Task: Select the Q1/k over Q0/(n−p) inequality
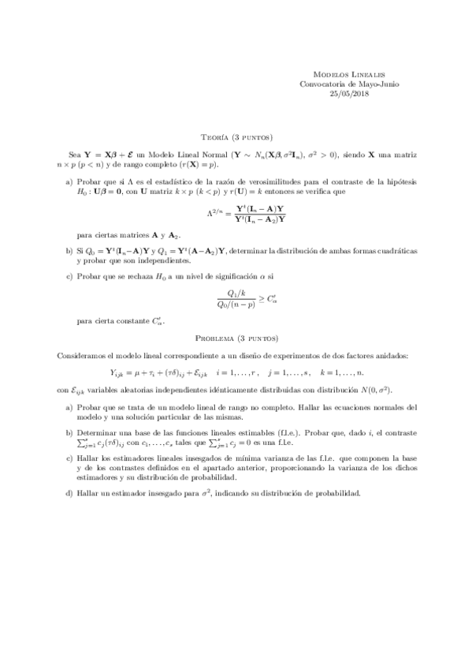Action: tap(236, 299)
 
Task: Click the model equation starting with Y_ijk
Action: tap(236, 373)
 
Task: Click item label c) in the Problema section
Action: tap(70, 458)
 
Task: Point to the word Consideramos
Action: tap(80, 356)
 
